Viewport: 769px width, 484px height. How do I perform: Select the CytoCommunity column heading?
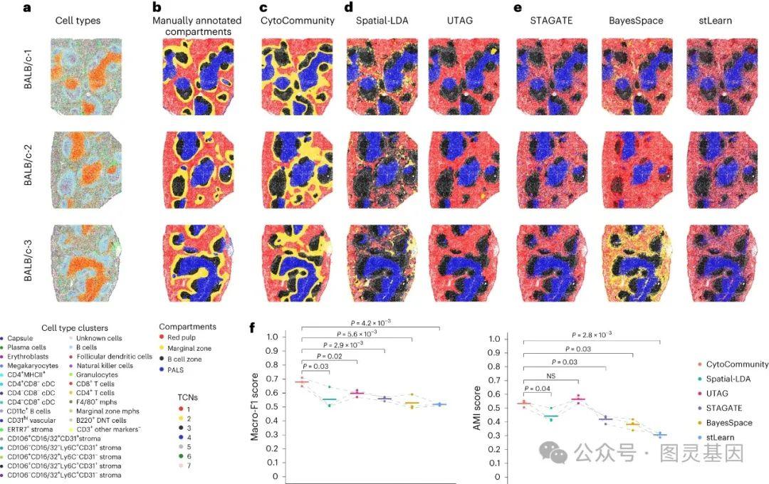[x=297, y=21]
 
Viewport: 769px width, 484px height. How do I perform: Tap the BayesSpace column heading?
[x=636, y=21]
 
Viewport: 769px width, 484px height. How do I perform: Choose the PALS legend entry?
[x=179, y=371]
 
